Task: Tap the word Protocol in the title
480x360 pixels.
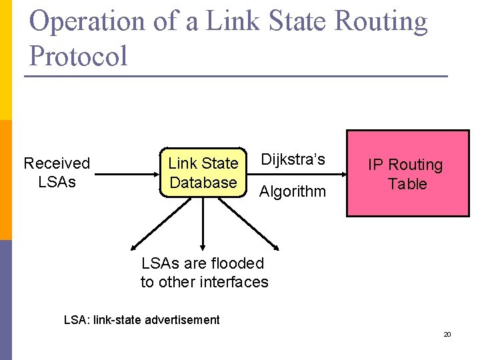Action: [79, 55]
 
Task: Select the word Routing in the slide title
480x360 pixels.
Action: [381, 21]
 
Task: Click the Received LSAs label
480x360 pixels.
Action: [57, 173]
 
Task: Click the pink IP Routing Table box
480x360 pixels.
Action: [407, 173]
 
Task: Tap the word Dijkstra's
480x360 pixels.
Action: [293, 159]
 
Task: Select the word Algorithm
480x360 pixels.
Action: [293, 192]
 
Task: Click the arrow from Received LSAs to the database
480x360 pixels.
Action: [127, 174]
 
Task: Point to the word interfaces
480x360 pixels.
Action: [232, 282]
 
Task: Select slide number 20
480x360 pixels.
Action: [447, 334]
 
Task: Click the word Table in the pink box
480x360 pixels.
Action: [407, 184]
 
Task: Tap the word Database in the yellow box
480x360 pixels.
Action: [203, 183]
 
